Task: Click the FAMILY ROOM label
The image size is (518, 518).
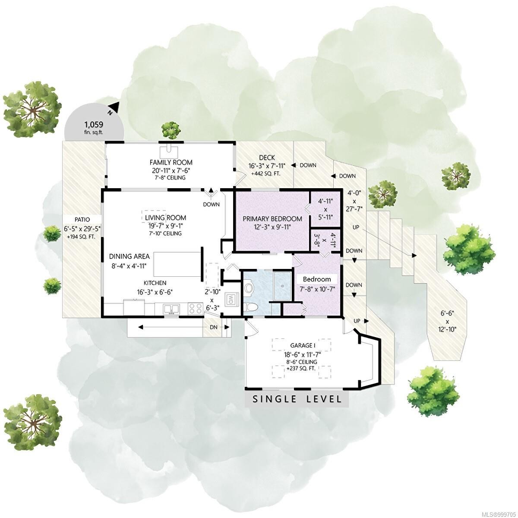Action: (171, 162)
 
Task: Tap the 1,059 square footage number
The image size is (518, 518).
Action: (93, 125)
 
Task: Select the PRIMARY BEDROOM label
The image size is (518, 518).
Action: (272, 219)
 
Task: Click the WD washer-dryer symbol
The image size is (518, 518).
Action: (231, 299)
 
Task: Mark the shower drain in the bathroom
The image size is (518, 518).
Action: (283, 286)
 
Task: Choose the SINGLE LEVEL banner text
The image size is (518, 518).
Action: (297, 399)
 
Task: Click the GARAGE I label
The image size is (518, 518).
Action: (302, 345)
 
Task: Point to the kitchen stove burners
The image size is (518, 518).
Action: (195, 309)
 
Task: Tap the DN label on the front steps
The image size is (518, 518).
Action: (214, 327)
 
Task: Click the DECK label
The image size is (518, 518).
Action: (267, 158)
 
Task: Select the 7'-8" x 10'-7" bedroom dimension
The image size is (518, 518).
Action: (316, 287)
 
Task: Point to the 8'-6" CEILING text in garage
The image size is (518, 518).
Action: (302, 362)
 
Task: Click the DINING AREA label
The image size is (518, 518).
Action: (129, 256)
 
